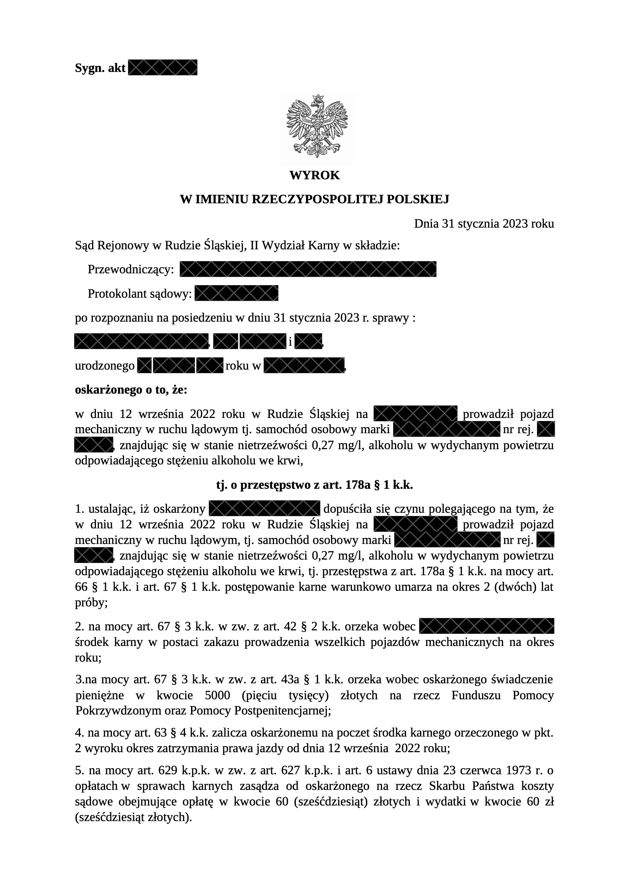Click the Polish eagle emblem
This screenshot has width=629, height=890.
point(317,126)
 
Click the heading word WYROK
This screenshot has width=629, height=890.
point(314,175)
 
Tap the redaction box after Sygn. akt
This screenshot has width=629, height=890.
point(162,67)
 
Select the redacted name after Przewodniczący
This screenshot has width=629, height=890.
point(308,269)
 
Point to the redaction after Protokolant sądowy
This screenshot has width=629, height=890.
point(236,293)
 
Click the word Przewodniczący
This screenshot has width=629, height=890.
point(131,270)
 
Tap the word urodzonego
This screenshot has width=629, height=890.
point(105,366)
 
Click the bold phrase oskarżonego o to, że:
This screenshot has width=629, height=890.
point(131,389)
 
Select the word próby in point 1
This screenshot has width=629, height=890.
point(90,603)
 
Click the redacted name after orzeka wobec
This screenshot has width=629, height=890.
point(486,627)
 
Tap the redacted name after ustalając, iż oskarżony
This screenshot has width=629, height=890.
point(264,509)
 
